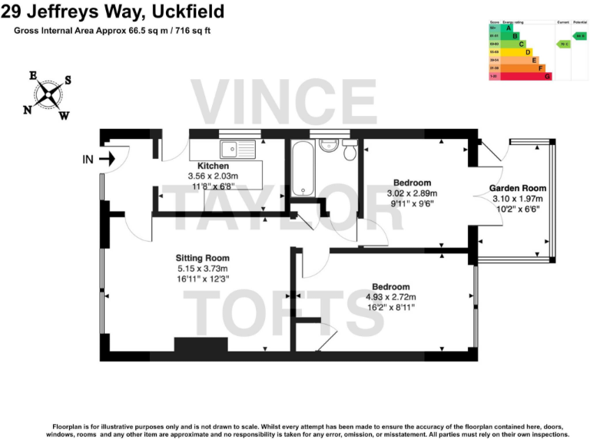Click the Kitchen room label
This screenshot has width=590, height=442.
point(213,166)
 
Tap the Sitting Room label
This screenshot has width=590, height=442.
point(202,258)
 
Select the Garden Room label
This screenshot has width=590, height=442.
point(517,188)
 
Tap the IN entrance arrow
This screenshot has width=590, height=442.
point(107,160)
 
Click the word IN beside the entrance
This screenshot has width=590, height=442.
point(88,160)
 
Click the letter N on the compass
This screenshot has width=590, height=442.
point(28,110)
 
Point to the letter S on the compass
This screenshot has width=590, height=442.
point(68,80)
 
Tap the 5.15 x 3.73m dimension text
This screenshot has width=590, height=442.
point(202,269)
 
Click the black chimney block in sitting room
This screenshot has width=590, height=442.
point(201,345)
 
